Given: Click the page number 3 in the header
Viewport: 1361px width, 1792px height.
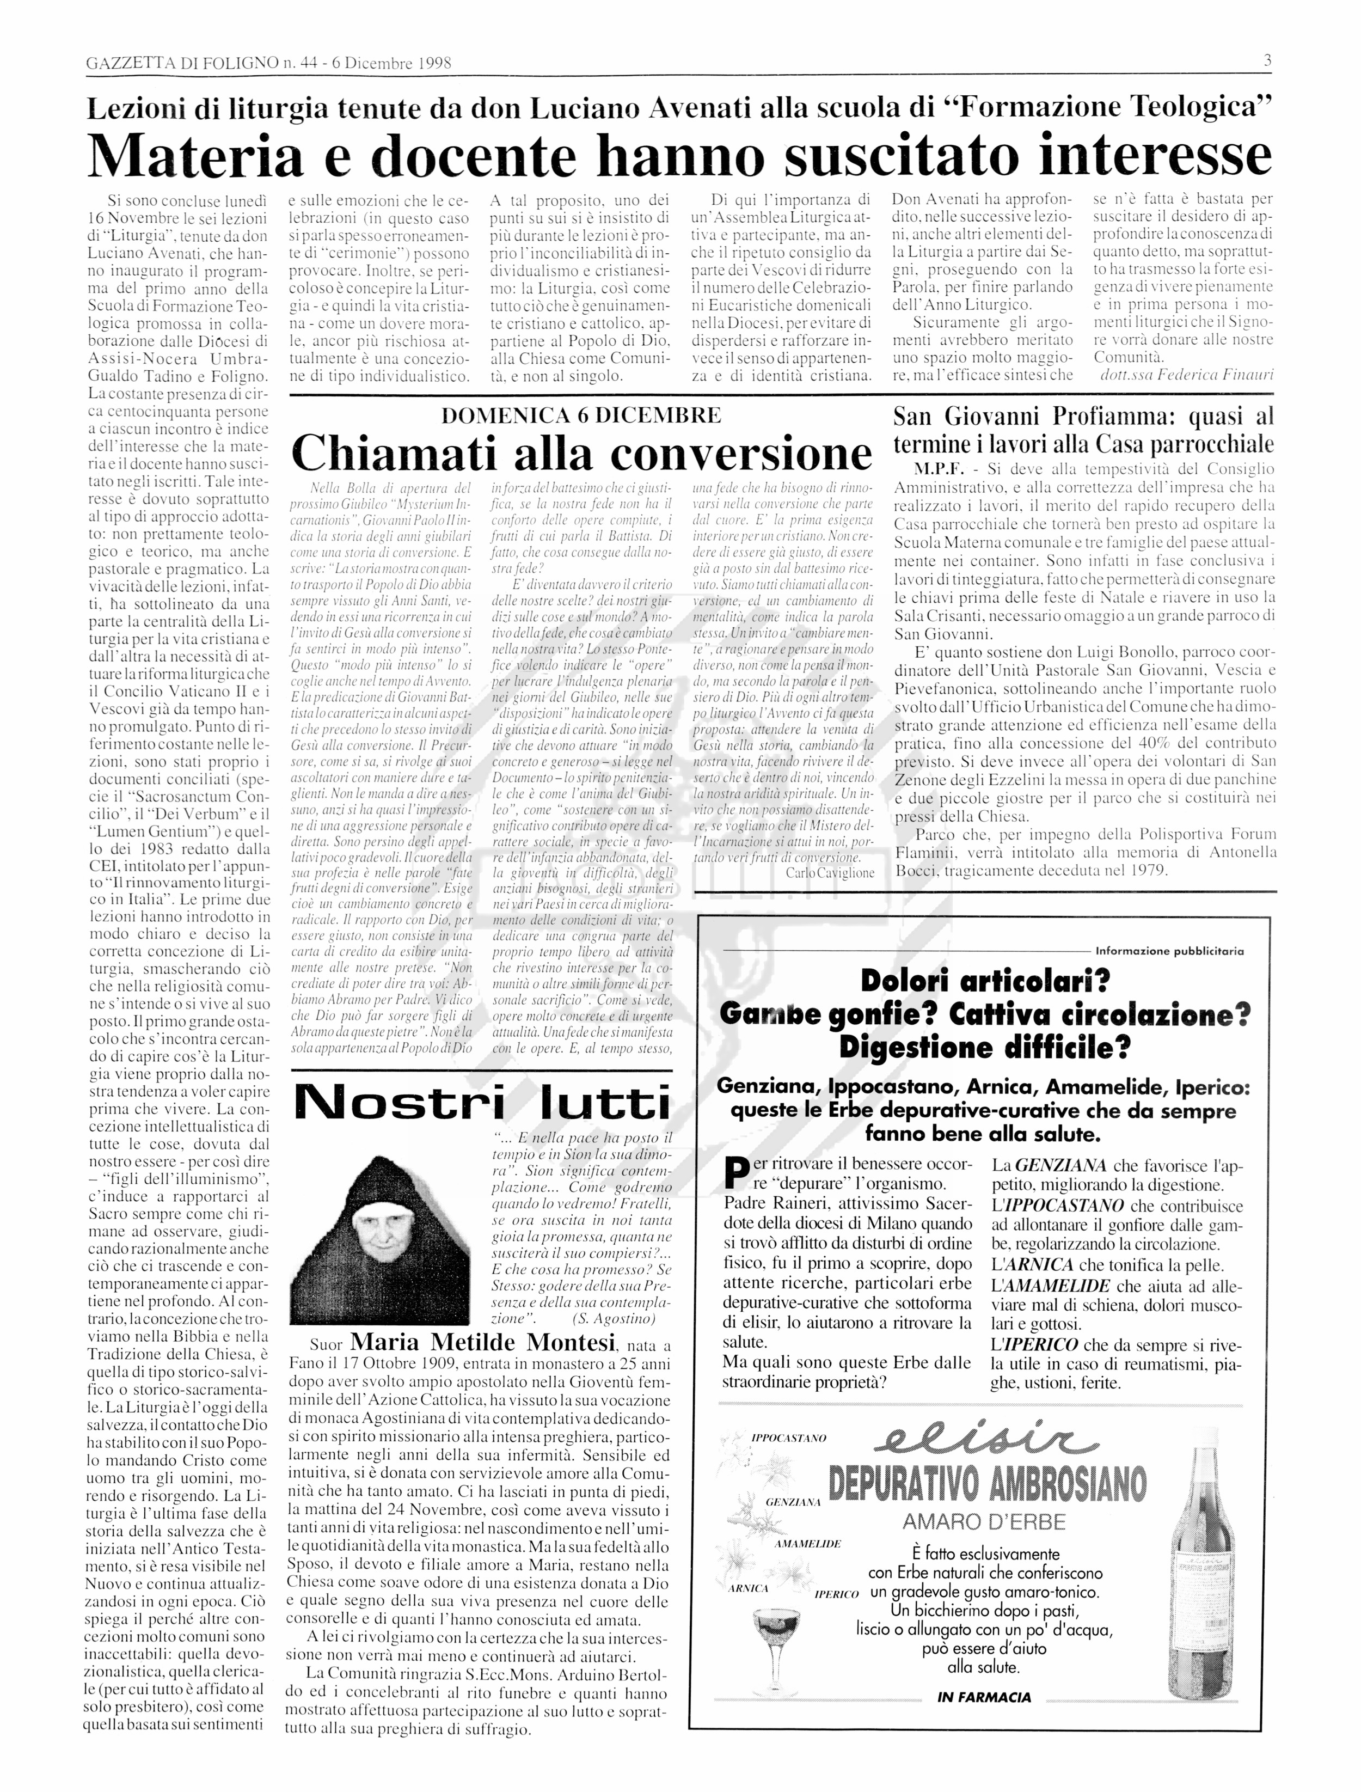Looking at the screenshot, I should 1267,61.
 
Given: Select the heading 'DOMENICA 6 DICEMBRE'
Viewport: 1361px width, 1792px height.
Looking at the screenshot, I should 581,415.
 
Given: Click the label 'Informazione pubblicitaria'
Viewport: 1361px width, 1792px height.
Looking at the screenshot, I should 1169,951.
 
